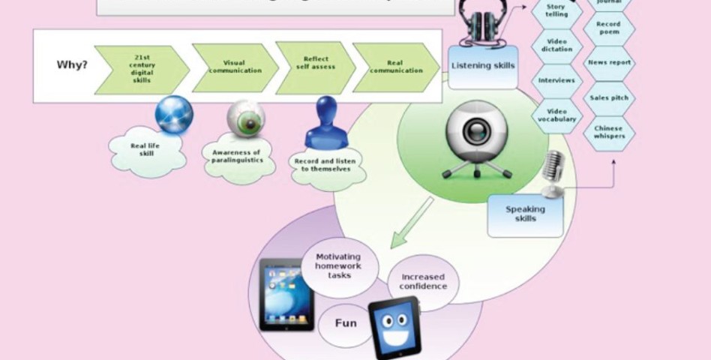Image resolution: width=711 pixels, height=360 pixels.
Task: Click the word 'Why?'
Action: (x=72, y=64)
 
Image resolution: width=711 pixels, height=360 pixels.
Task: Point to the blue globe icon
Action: (x=174, y=115)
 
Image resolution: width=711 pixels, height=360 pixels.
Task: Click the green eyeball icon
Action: (x=247, y=120)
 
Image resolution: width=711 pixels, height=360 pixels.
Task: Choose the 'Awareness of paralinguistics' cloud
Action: (x=233, y=155)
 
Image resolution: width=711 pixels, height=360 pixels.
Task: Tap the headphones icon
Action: (x=478, y=21)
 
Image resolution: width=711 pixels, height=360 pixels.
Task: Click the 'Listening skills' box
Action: (x=483, y=66)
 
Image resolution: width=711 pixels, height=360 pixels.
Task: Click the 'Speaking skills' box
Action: (x=525, y=214)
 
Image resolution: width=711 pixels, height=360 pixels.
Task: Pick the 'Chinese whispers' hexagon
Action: (x=608, y=133)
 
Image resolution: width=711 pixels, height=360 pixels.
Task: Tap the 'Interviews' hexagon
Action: (x=556, y=80)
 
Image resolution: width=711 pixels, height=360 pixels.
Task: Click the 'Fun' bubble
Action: (x=345, y=324)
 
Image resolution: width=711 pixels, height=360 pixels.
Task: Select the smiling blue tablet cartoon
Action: (x=394, y=327)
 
